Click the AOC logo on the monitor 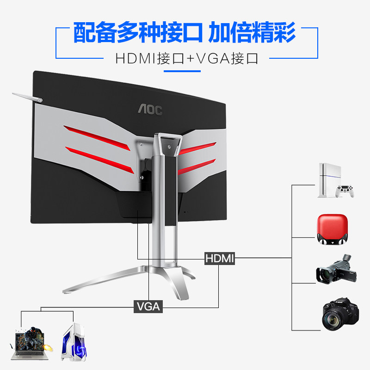[x=150, y=110]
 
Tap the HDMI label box [x=219, y=258]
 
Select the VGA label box [x=148, y=307]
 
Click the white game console [x=330, y=180]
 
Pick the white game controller [x=345, y=191]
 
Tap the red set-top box [x=332, y=229]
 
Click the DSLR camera [x=340, y=314]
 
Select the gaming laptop [x=30, y=344]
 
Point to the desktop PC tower [x=74, y=342]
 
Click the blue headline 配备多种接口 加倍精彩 [x=185, y=32]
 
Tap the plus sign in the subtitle [x=190, y=59]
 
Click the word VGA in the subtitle [x=213, y=59]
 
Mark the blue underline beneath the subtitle [x=182, y=71]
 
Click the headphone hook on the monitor [x=28, y=98]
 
